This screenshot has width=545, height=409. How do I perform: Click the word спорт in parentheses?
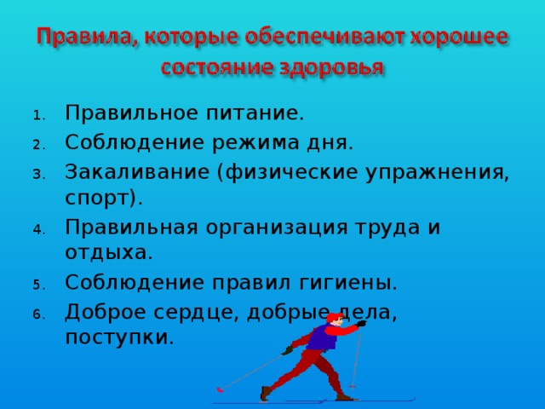pyautogui.click(x=100, y=198)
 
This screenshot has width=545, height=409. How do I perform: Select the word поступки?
pyautogui.click(x=117, y=337)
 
